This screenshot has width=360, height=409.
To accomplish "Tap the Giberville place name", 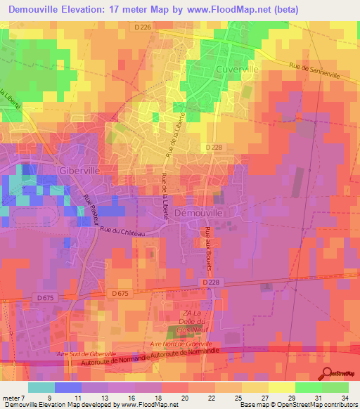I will pos(60,170).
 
